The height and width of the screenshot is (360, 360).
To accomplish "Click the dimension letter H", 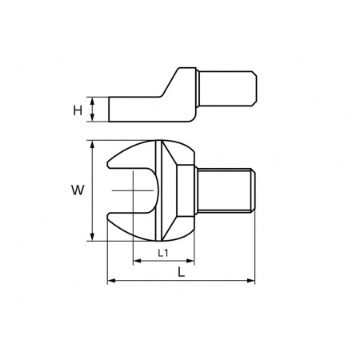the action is click(78, 110).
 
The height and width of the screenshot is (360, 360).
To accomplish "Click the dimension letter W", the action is click(78, 190).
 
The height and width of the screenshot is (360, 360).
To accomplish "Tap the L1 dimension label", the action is click(163, 253).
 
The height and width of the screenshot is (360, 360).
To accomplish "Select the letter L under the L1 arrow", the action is click(182, 272).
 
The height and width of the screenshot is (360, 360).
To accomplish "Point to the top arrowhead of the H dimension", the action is click(92, 101).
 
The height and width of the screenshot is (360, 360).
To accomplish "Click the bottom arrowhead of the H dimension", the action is click(92, 118).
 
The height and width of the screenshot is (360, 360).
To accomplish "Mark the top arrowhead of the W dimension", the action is click(92, 145).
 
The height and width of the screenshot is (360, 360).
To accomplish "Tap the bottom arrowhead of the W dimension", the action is click(92, 237).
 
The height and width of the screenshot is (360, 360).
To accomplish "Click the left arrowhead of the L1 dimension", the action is click(137, 261).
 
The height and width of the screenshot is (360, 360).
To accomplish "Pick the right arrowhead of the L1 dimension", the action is click(190, 261).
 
